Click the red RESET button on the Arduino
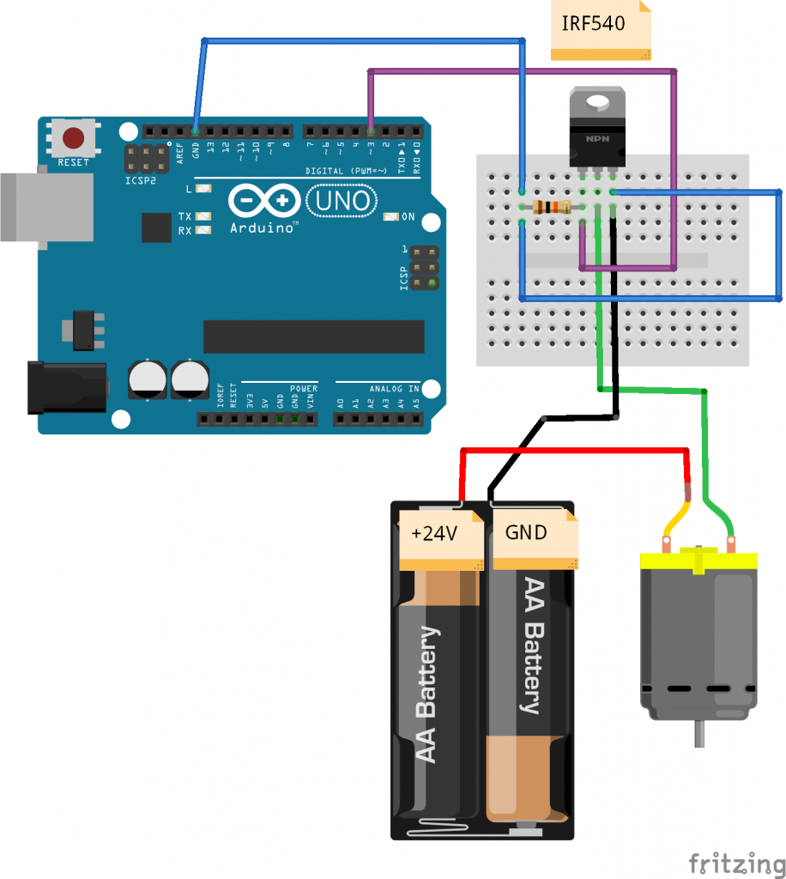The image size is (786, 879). tap(74, 138)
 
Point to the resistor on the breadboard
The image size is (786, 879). tap(551, 207)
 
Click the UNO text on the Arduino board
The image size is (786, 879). tap(342, 201)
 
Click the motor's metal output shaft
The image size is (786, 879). tap(699, 734)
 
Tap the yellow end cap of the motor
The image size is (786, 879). tap(698, 561)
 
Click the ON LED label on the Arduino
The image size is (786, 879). tap(408, 216)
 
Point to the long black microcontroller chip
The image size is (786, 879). tap(313, 336)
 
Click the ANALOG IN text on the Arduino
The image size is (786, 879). tap(395, 389)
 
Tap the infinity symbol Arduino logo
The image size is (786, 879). tap(264, 202)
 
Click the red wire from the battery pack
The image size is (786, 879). tap(575, 450)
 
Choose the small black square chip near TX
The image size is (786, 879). tap(157, 227)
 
